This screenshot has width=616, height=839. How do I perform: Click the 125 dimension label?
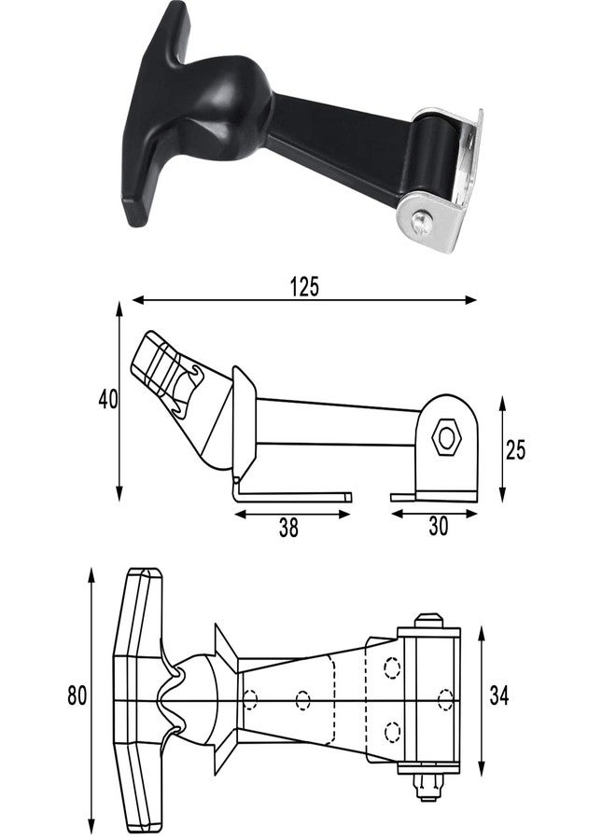[304, 286]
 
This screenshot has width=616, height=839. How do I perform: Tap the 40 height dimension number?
[108, 399]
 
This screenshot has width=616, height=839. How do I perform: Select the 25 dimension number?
[515, 450]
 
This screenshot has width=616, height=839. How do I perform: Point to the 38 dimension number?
[288, 529]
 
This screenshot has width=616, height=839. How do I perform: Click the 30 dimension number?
[438, 527]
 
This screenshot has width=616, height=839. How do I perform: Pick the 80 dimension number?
[77, 695]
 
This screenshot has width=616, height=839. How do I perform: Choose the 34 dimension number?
[499, 695]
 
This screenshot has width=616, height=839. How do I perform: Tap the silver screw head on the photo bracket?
[421, 223]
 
